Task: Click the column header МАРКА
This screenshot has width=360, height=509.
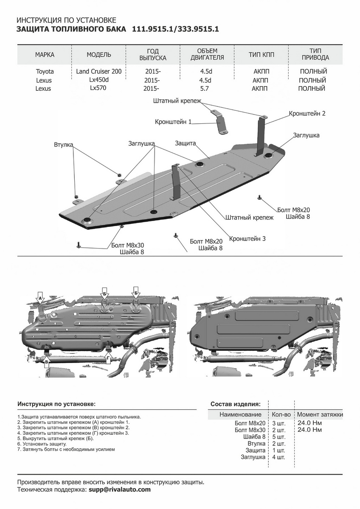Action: pyautogui.click(x=45, y=55)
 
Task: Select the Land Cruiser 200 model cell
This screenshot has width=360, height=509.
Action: pyautogui.click(x=99, y=71)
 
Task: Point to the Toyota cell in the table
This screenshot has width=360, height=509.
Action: pyautogui.click(x=45, y=72)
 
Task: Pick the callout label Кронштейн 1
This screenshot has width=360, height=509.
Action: pyautogui.click(x=173, y=122)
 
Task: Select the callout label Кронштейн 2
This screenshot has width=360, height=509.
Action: pyautogui.click(x=307, y=114)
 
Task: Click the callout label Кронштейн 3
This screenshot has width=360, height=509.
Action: pyautogui.click(x=247, y=239)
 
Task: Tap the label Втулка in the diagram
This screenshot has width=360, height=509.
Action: pyautogui.click(x=63, y=145)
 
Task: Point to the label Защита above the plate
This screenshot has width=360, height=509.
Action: pyautogui.click(x=185, y=143)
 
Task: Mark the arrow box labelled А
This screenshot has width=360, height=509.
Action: pyautogui.click(x=40, y=299)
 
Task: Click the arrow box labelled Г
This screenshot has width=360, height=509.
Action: pyautogui.click(x=108, y=358)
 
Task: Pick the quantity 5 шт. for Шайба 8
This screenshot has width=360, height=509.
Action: pyautogui.click(x=278, y=437)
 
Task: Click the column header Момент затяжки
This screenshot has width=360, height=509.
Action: pyautogui.click(x=320, y=414)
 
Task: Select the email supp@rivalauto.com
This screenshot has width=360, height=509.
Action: pyautogui.click(x=120, y=489)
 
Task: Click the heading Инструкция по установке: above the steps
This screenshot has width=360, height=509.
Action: pyautogui.click(x=56, y=404)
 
